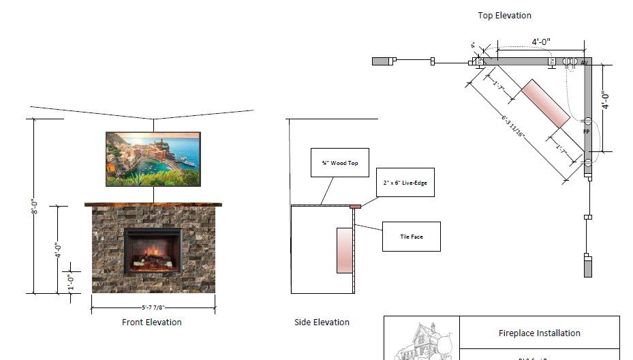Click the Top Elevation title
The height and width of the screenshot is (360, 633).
click(x=504, y=15)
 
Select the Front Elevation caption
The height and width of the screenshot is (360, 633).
click(x=151, y=322)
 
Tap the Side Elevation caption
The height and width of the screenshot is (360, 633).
click(x=322, y=322)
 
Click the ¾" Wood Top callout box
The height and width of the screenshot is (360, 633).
click(x=339, y=163)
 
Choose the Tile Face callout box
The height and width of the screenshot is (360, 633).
click(x=411, y=237)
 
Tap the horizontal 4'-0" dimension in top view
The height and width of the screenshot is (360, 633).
click(x=541, y=42)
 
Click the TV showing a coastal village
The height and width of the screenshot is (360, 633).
click(x=153, y=159)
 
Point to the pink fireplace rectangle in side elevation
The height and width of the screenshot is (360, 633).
click(x=345, y=251)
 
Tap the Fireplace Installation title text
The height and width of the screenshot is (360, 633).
click(x=539, y=333)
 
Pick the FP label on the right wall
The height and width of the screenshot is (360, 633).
click(x=586, y=130)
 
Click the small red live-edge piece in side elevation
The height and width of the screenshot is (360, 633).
click(x=355, y=205)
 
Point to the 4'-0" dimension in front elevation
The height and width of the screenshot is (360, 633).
click(x=59, y=250)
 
